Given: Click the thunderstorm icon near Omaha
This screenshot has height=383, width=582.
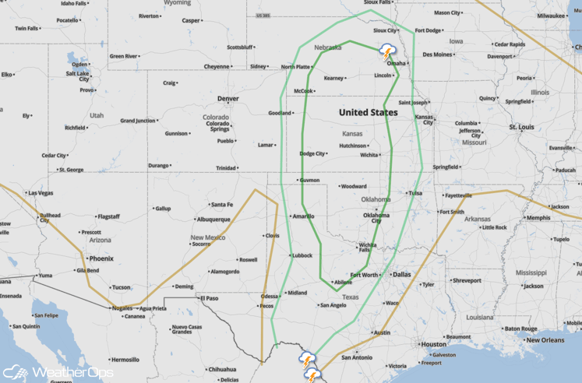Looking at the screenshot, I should tap(387, 53).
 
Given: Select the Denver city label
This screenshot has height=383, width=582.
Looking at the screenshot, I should tap(228, 99).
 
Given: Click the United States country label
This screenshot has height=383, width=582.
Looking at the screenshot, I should tap(368, 112).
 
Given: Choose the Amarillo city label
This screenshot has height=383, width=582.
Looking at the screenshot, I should tap(302, 216).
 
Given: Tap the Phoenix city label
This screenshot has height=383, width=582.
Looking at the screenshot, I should tap(101, 258).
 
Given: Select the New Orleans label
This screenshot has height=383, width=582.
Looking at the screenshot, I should tap(544, 340).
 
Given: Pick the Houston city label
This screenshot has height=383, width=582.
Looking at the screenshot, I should tap(432, 343).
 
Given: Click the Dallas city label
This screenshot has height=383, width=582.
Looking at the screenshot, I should tap(402, 274).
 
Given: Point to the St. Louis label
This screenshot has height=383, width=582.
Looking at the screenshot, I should tap(521, 126).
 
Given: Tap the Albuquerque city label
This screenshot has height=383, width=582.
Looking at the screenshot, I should tap(213, 220).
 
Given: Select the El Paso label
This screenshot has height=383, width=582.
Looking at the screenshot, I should tap(208, 297).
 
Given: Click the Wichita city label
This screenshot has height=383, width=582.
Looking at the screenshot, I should tap(369, 155).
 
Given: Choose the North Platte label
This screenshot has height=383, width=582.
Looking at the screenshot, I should tap(295, 67).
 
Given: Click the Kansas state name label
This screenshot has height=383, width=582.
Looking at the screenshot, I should tap(352, 134).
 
